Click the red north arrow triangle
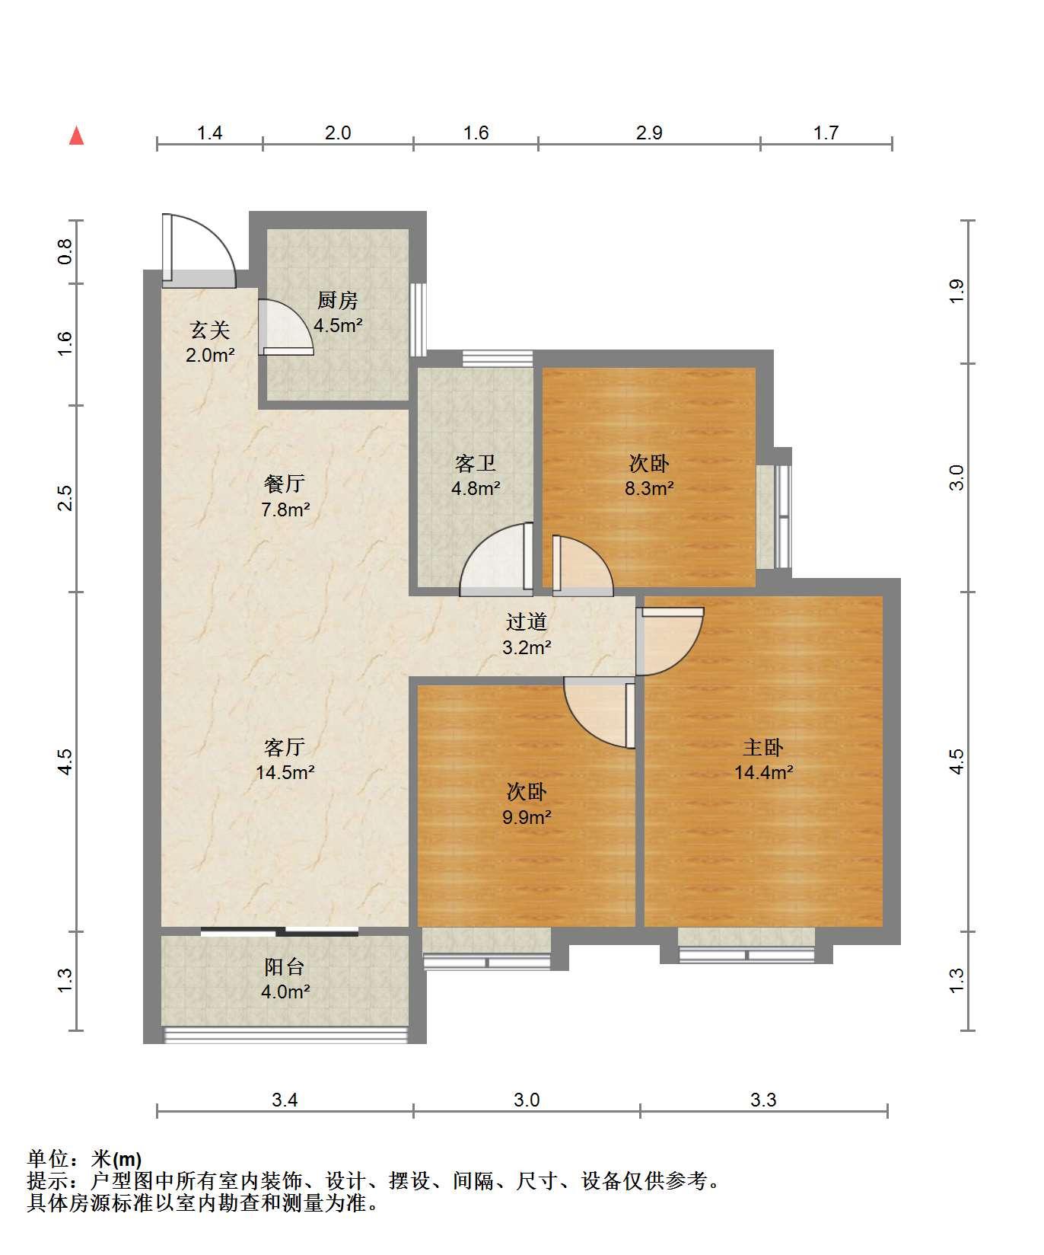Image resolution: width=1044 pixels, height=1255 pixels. point(76,136)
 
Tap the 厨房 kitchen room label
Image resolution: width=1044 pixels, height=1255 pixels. point(338,300)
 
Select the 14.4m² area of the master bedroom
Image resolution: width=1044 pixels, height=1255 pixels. point(764,772)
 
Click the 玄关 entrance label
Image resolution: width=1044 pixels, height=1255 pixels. point(210,330)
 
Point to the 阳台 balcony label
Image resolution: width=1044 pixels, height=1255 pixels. point(285,966)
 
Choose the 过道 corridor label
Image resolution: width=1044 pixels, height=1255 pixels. point(527,621)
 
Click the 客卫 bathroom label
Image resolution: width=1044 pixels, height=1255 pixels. point(476,463)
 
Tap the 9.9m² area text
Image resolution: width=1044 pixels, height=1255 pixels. point(527,817)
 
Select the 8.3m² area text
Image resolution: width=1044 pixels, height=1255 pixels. point(649,488)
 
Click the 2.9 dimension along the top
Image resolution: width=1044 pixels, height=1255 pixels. point(649,133)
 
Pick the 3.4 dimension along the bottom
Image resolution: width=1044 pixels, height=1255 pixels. point(285,1100)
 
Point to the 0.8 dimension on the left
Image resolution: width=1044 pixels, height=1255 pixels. point(65,251)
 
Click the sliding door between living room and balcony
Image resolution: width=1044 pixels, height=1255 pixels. point(279,931)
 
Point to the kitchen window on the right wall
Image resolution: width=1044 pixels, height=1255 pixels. point(418,320)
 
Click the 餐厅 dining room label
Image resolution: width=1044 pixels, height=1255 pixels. point(285,484)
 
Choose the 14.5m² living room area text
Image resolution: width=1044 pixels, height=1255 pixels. point(285,772)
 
